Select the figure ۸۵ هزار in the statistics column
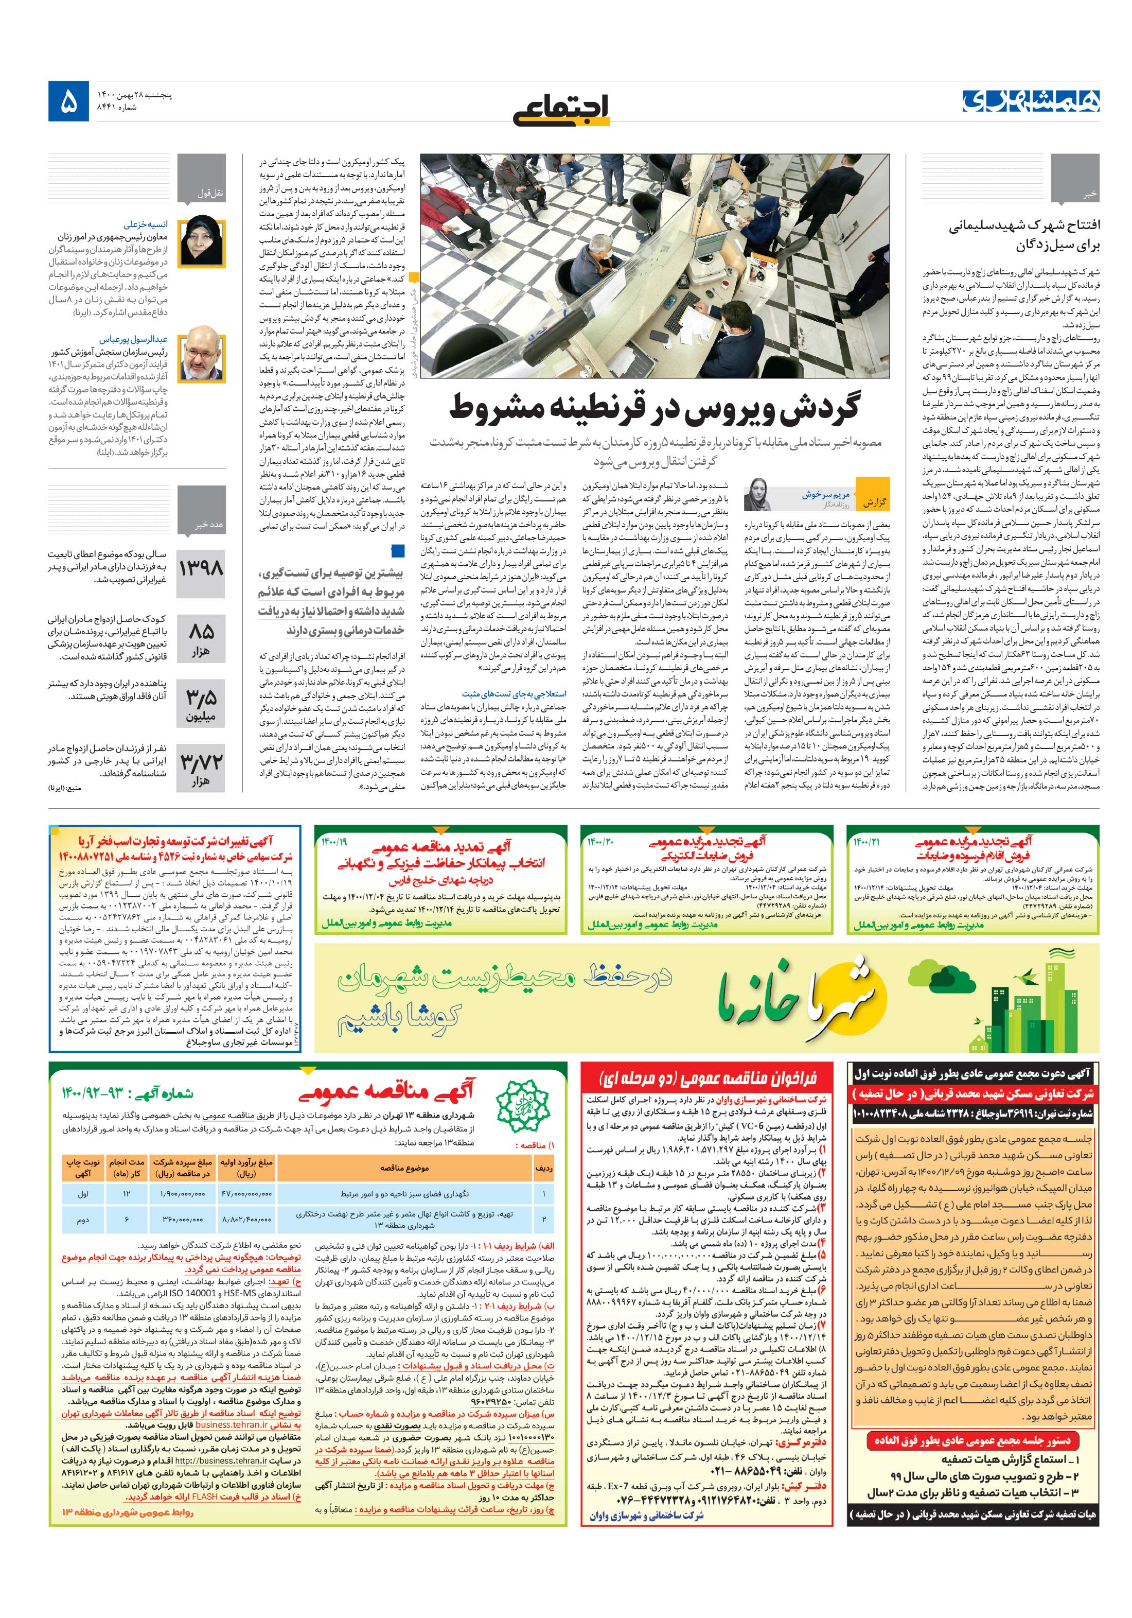pyautogui.click(x=201, y=636)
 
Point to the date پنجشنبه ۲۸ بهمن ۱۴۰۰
pyautogui.click(x=134, y=95)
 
